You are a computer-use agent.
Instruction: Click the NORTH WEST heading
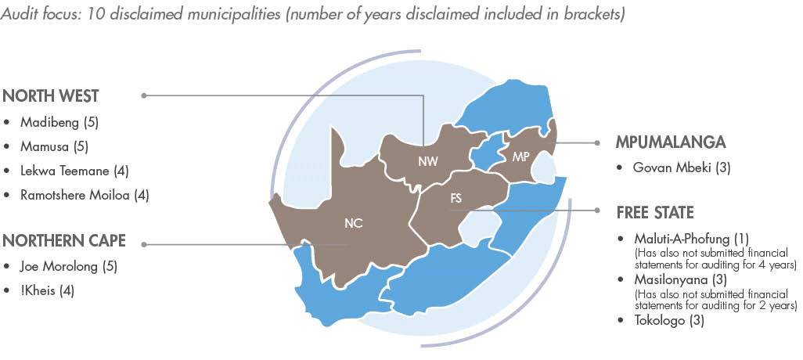pos(51,96)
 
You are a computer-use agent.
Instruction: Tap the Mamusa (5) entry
pos(57,146)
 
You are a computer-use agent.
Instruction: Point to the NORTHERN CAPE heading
pos(64,240)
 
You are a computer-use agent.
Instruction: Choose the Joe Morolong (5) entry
pos(69,267)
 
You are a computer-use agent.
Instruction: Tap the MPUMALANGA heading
pos(671,142)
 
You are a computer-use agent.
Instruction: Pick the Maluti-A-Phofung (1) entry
pos(684,238)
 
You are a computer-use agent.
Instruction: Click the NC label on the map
pos(353,223)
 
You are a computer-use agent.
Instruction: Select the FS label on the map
pos(456,199)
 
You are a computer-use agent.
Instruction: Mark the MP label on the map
pos(521,157)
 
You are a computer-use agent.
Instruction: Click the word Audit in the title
pos(20,15)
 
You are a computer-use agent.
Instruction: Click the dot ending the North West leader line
pos(144,95)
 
